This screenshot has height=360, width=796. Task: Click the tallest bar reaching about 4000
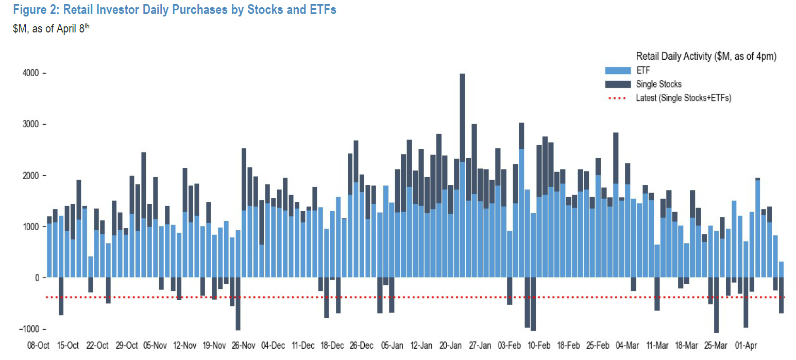pos(462,155)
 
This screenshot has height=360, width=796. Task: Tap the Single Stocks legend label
pos(658,84)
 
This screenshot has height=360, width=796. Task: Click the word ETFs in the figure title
pos(321,9)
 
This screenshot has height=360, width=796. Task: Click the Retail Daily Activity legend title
pos(706,56)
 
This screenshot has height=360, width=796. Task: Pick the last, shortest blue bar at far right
pos(781,270)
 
